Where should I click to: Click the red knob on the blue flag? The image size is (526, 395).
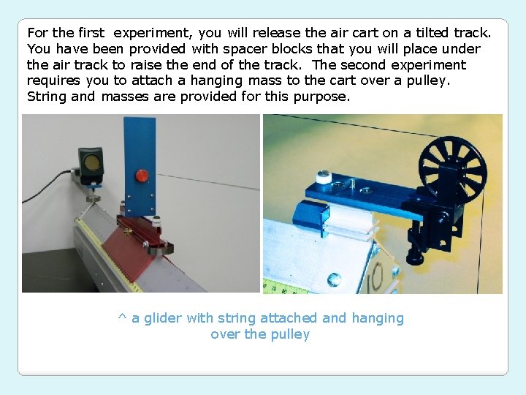click(x=142, y=176)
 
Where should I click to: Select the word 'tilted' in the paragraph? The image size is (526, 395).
click(x=427, y=33)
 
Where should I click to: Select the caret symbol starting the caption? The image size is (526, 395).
click(x=122, y=318)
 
